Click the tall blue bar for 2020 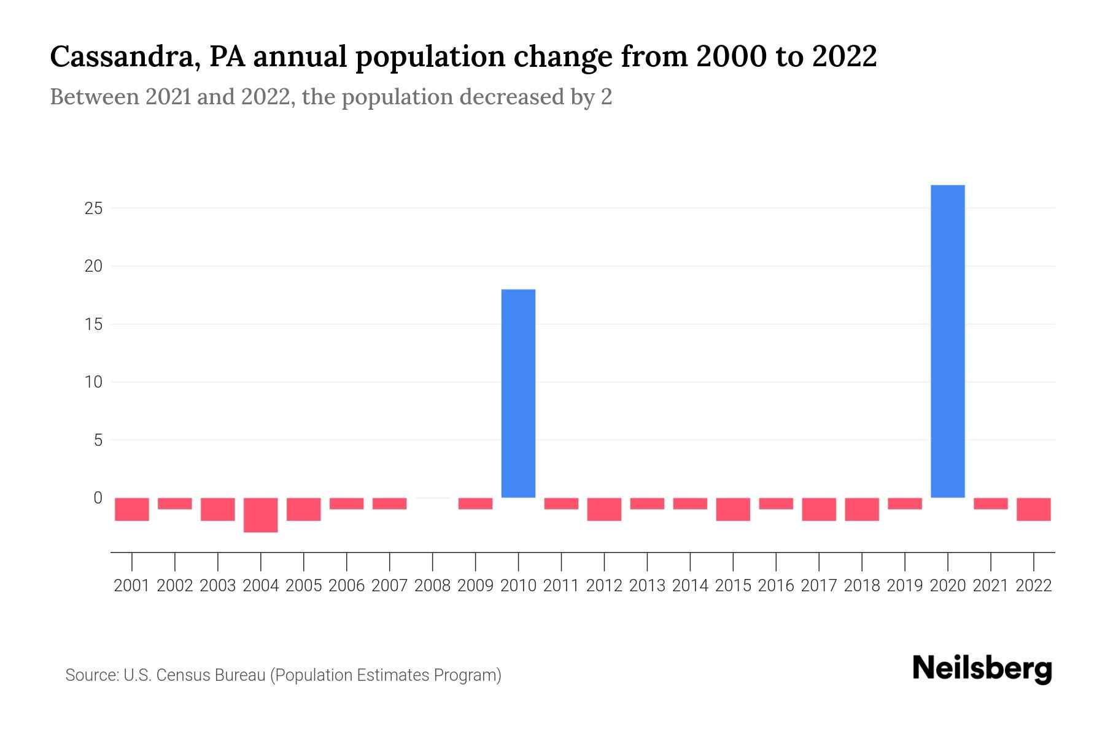[947, 341]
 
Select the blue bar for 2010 [518, 393]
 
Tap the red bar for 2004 [261, 515]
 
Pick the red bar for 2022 [1034, 509]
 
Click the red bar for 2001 [132, 509]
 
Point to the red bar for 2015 [733, 509]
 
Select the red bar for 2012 [604, 509]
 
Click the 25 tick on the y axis [93, 209]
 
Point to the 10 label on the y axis [93, 382]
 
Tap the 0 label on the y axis [98, 498]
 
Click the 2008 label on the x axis [433, 586]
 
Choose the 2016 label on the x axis [776, 586]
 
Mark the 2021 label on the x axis [991, 586]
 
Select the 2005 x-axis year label [304, 586]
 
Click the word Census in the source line [178, 675]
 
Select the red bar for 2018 [862, 509]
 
